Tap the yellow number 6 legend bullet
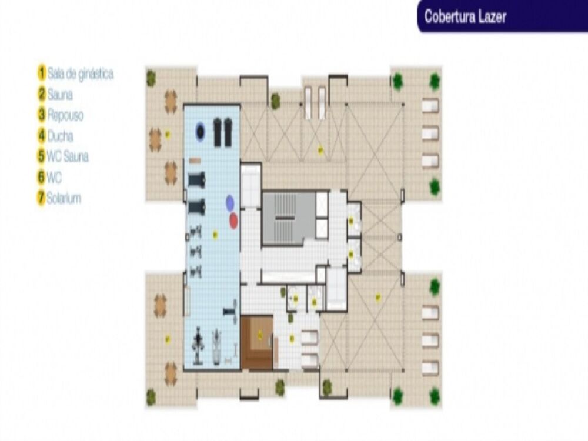click(41, 177)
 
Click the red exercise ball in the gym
click(233, 220)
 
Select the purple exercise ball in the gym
click(230, 203)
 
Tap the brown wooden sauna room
click(258, 342)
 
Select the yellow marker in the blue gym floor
click(215, 235)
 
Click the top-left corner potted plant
click(151, 77)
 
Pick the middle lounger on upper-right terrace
click(430, 134)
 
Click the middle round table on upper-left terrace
click(155, 140)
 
